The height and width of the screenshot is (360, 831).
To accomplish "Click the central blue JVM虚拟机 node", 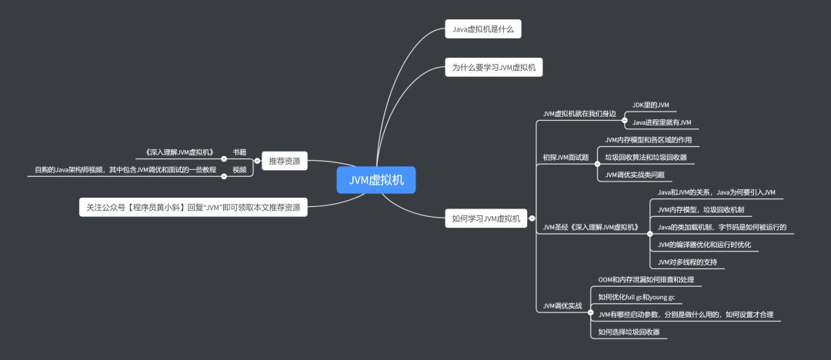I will click(x=375, y=180).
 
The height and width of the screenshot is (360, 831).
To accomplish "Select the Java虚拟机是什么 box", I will click(x=483, y=30).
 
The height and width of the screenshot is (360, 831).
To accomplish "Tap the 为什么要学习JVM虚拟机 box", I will click(x=494, y=68).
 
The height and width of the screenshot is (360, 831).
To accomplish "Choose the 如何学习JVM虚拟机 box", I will click(x=486, y=218).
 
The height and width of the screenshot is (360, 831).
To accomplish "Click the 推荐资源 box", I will click(x=284, y=162).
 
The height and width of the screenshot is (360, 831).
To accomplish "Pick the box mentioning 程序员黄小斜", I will click(x=193, y=208).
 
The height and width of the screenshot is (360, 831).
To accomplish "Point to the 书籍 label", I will click(x=239, y=152).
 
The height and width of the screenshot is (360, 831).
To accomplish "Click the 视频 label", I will click(x=239, y=169).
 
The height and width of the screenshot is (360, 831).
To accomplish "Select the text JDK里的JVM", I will click(x=650, y=105).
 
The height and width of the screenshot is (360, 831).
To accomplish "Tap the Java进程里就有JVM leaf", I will click(x=662, y=122).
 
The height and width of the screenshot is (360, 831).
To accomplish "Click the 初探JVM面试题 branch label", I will click(x=566, y=157).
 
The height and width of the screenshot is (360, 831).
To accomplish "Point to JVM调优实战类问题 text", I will click(x=635, y=175).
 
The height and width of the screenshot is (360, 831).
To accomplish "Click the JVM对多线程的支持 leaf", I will click(x=687, y=262).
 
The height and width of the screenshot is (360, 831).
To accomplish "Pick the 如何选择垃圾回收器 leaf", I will click(x=629, y=332).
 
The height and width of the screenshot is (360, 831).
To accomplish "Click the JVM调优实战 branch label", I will click(x=562, y=305).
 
